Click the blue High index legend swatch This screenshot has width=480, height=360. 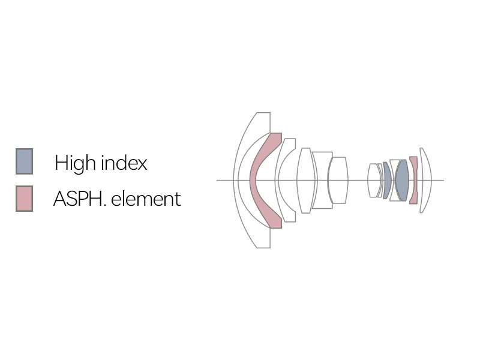[x=24, y=161]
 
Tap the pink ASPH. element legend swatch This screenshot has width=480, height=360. [x=24, y=199]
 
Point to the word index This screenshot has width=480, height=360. [x=123, y=163]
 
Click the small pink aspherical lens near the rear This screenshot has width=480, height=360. [x=413, y=180]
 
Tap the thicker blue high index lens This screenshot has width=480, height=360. [x=402, y=180]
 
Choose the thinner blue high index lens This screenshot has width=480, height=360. [x=388, y=180]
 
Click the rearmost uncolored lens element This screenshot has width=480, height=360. [x=425, y=180]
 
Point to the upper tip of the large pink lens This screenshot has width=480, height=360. [x=276, y=137]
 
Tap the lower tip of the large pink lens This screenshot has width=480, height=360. [x=276, y=224]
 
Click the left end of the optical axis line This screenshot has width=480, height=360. [x=217, y=180]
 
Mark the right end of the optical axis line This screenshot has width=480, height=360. [x=443, y=180]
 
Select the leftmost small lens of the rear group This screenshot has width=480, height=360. [x=373, y=180]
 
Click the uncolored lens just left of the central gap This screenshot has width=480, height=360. [x=338, y=180]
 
